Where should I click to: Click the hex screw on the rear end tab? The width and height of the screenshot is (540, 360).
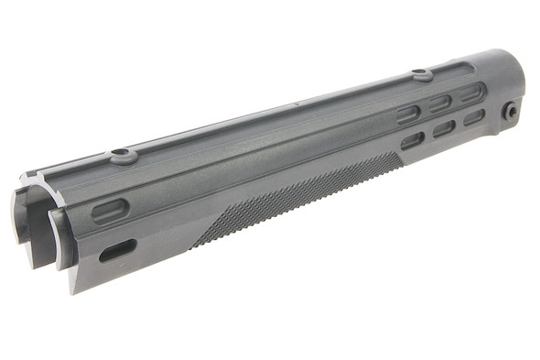512,111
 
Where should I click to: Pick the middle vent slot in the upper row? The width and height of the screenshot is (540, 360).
441,103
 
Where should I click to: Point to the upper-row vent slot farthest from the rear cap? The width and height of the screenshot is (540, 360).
408,113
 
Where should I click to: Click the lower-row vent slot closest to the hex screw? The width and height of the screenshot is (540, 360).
474,117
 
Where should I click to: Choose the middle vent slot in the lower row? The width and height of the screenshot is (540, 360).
444,128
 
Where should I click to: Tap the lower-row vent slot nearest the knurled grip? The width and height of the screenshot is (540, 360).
413,140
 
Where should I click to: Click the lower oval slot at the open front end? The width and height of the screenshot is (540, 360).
117,249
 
